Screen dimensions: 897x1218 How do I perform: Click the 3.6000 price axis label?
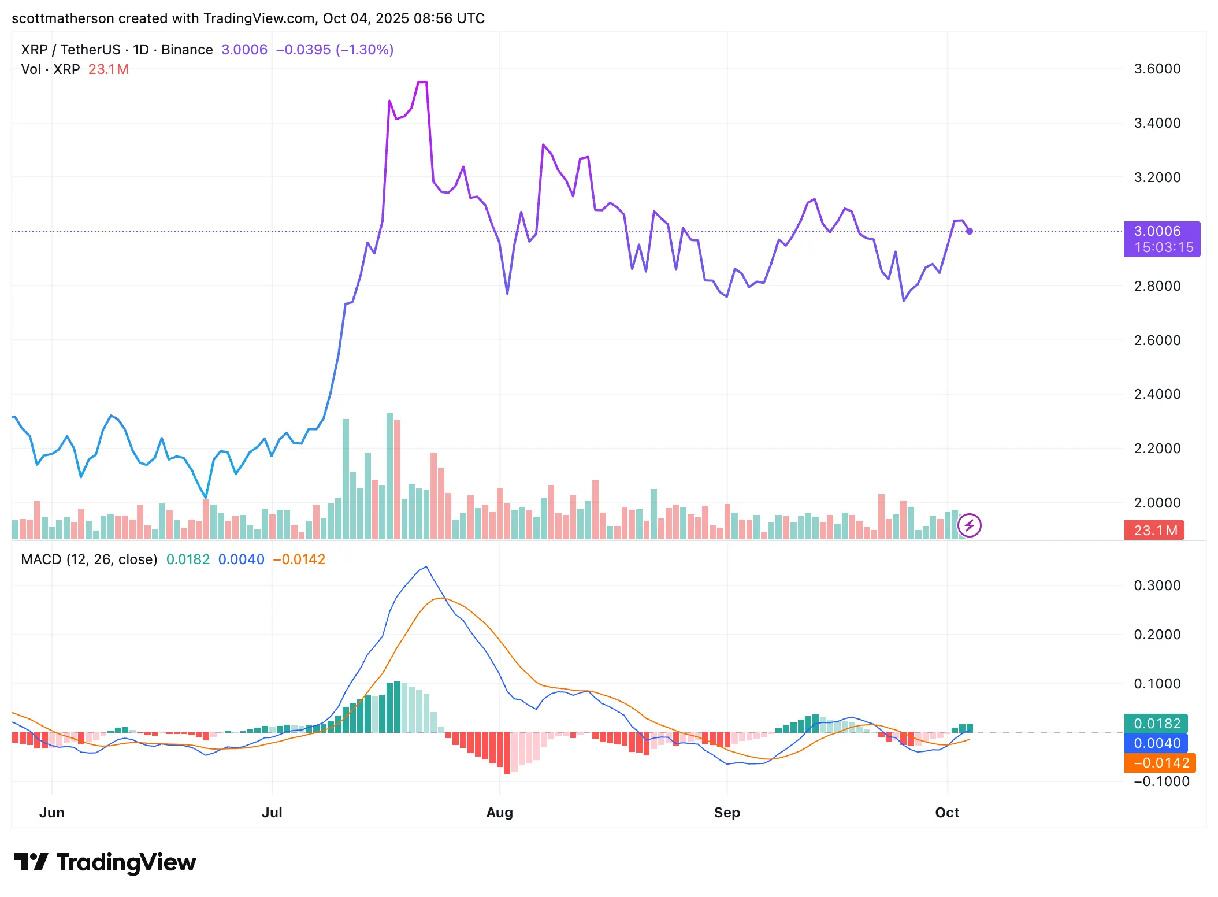pyautogui.click(x=1157, y=69)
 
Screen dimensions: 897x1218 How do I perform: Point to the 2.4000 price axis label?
pyautogui.click(x=1157, y=394)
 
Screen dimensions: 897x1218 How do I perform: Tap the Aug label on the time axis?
pyautogui.click(x=499, y=813)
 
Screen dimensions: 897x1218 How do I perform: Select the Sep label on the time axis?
pyautogui.click(x=726, y=813)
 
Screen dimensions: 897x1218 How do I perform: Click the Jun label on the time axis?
pyautogui.click(x=51, y=813)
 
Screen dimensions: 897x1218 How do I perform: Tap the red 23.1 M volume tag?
pyautogui.click(x=1154, y=531)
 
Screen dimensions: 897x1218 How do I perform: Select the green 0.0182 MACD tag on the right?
pyautogui.click(x=1156, y=724)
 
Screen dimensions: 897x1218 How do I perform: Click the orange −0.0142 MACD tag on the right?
pyautogui.click(x=1160, y=763)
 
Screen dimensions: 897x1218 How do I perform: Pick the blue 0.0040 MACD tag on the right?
pyautogui.click(x=1156, y=743)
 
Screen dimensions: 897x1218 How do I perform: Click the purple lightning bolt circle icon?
pyautogui.click(x=969, y=525)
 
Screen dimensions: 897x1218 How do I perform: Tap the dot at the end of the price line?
pyautogui.click(x=969, y=231)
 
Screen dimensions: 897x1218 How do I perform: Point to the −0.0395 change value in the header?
pyautogui.click(x=303, y=50)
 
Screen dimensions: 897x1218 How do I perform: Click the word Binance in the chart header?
pyautogui.click(x=187, y=50)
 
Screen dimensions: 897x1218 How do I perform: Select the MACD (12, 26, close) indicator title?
pyautogui.click(x=89, y=559)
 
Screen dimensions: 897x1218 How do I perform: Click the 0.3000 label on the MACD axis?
pyautogui.click(x=1157, y=585)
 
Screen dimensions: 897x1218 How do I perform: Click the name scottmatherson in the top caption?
pyautogui.click(x=62, y=18)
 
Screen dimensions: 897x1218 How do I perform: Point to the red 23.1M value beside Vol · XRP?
pyautogui.click(x=108, y=69)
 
